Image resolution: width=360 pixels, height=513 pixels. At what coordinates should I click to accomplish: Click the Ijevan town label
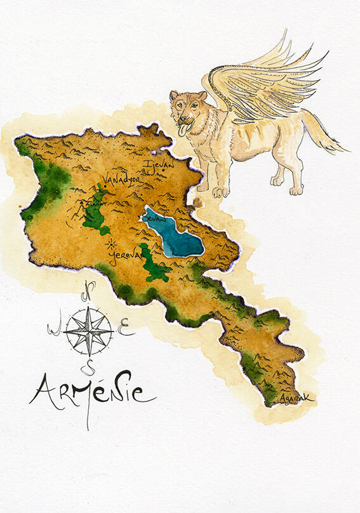pos(156,166)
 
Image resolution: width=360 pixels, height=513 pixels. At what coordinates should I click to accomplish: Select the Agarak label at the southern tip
pos(297,398)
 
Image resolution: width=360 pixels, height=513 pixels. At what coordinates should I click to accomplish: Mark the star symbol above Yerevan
pos(112,243)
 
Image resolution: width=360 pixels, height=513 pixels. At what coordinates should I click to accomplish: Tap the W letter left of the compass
pos(53,328)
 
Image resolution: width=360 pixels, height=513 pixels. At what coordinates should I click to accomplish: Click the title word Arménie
pos(92,392)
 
